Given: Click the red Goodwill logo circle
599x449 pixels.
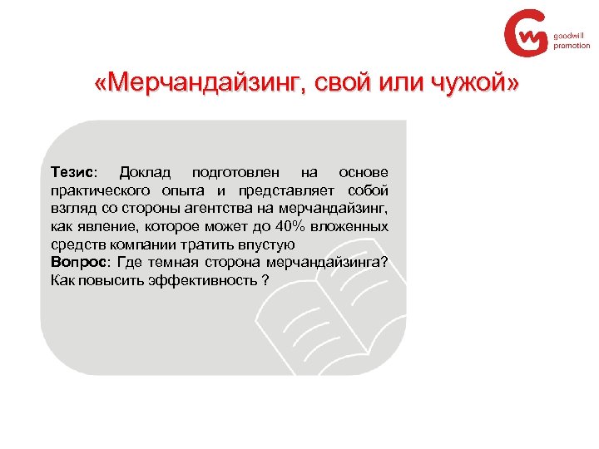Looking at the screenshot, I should tap(527, 35).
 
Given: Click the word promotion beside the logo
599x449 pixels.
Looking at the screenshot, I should tap(572, 46).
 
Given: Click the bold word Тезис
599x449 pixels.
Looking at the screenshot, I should tap(72, 172).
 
